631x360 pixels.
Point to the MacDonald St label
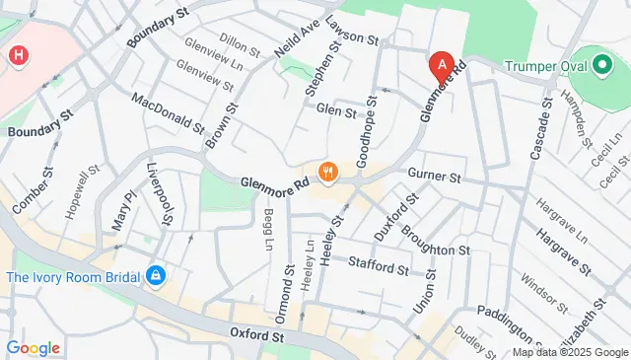click(167, 113)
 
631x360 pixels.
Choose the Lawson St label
click(353, 37)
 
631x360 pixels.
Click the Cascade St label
click(541, 133)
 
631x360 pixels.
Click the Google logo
click(33, 348)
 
